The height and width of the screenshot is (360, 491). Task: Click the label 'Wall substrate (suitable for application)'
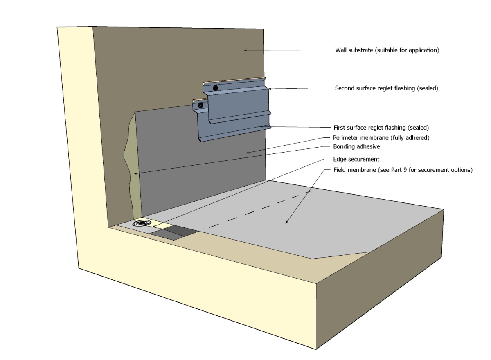coord(387,50)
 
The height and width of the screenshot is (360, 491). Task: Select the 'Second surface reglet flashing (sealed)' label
coord(386,88)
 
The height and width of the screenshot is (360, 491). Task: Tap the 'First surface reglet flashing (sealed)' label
coord(382,127)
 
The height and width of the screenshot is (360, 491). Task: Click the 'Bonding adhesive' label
coord(354,146)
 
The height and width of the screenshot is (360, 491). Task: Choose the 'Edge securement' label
coord(351,159)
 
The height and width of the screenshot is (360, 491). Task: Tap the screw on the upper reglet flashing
coord(215,88)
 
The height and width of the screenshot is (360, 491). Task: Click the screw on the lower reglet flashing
coord(200,105)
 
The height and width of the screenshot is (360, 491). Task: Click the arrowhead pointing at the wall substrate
coord(246,50)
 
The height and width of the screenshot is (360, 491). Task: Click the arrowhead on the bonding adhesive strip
coord(134,174)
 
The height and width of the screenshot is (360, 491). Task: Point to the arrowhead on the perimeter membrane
coord(247,153)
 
